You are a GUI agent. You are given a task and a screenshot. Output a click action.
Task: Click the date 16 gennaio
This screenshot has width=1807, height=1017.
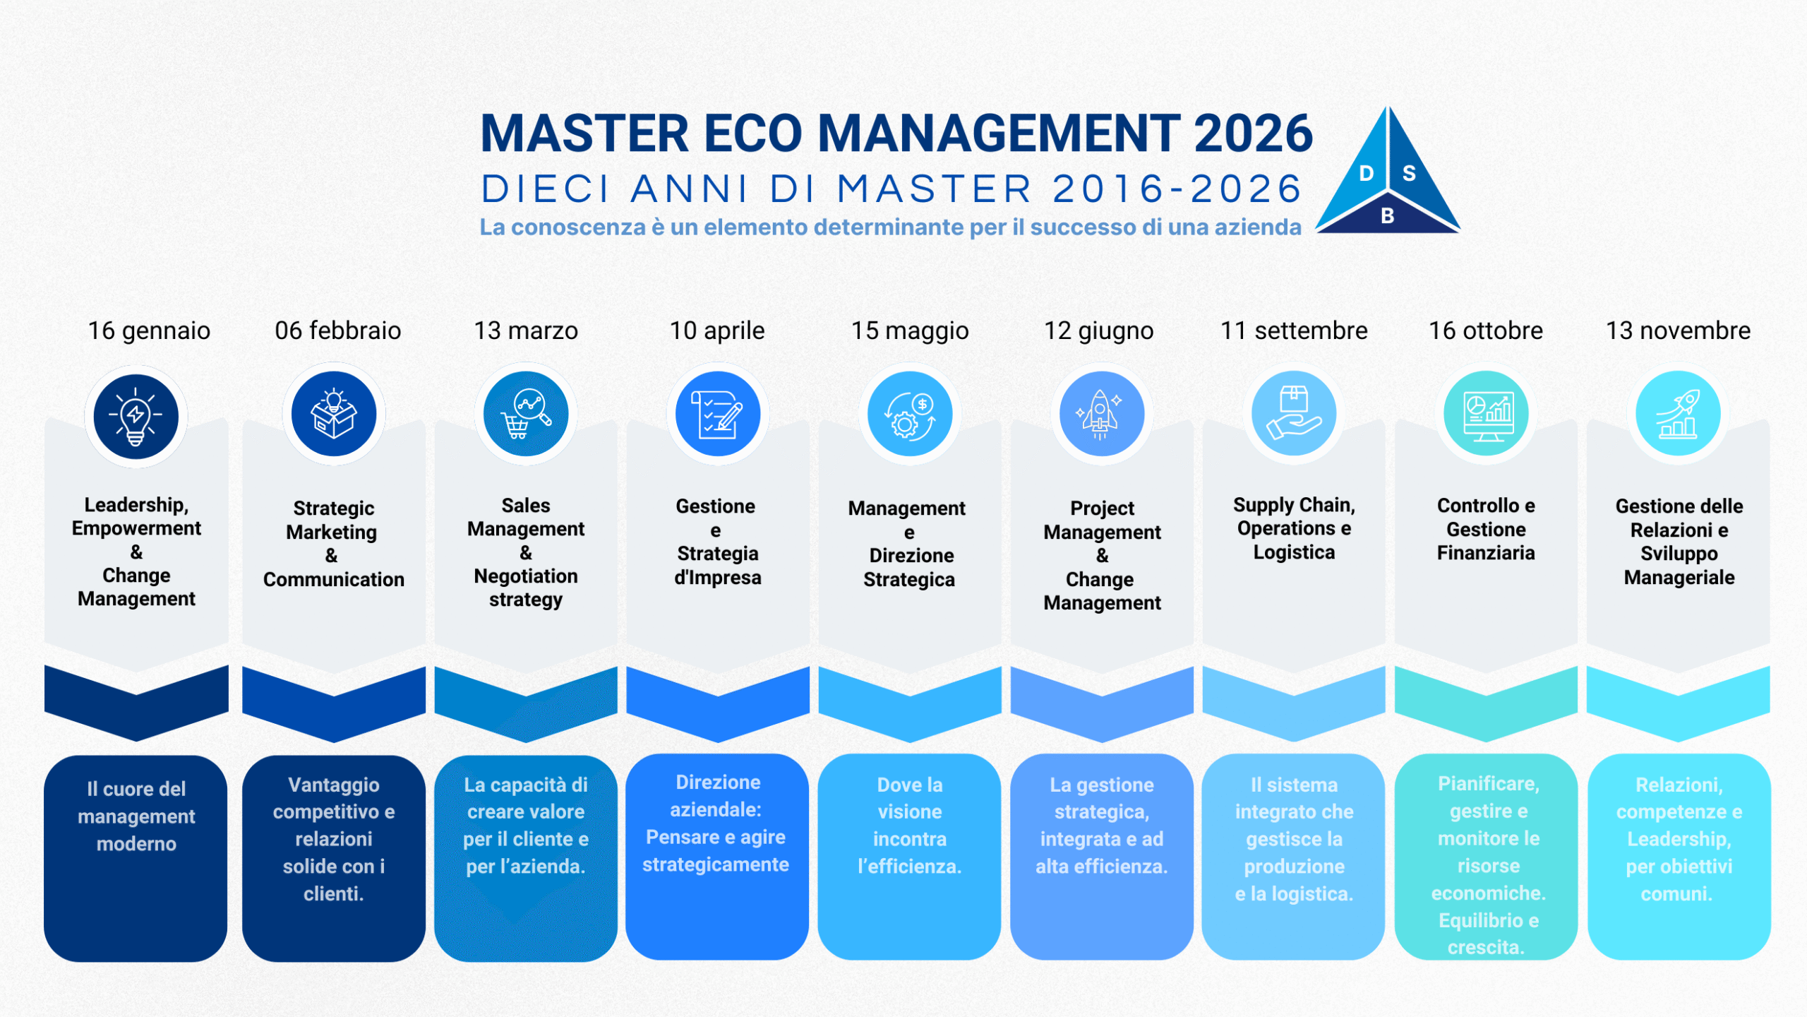click(149, 331)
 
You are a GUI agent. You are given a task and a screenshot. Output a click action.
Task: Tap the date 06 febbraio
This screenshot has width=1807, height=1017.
click(338, 331)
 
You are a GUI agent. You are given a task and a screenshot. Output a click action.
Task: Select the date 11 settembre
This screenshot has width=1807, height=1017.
click(1294, 331)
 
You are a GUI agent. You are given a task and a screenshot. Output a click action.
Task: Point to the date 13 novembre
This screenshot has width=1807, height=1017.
click(1678, 331)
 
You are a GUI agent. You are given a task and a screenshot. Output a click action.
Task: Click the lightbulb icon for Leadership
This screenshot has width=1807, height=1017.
click(136, 417)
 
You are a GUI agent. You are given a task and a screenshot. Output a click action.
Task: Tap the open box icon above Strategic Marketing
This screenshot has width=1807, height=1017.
click(334, 414)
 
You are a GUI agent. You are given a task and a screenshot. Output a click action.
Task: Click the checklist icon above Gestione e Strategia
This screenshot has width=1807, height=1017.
click(718, 414)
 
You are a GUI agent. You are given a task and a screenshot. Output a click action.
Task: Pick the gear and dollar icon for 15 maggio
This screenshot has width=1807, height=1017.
click(910, 414)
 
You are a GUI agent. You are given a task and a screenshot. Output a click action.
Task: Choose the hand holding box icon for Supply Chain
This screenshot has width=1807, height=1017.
click(1294, 414)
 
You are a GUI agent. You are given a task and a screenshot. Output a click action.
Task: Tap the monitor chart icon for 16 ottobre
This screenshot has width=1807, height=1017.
click(1486, 414)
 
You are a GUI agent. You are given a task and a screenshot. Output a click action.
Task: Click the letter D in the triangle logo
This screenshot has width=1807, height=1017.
click(1367, 174)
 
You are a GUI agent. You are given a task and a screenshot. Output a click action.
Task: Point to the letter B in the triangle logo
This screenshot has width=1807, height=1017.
click(1387, 216)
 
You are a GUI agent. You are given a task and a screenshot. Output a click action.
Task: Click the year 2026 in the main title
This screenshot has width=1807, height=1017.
click(1253, 133)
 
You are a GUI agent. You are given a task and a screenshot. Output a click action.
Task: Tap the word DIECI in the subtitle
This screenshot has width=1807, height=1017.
click(546, 189)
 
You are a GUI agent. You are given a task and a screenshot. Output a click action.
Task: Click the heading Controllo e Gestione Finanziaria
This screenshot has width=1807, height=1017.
click(1486, 529)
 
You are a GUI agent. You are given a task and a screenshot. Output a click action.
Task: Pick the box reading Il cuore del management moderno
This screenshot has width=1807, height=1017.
click(136, 858)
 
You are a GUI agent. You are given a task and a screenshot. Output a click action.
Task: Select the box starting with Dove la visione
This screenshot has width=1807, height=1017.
click(909, 857)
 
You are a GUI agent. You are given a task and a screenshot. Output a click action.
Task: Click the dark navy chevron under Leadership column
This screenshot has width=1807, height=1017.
click(136, 703)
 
